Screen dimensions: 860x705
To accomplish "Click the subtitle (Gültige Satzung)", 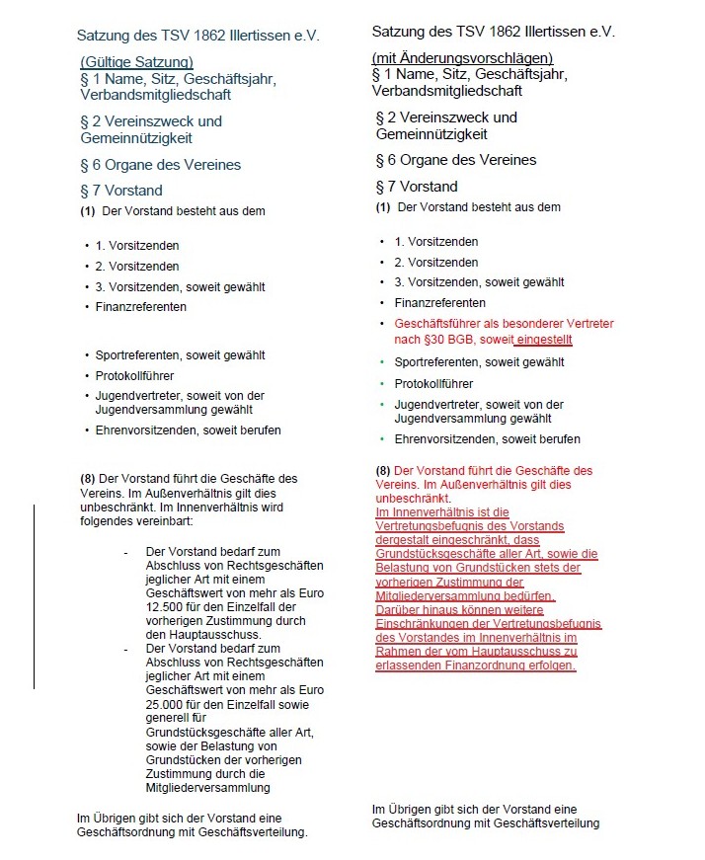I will [x=136, y=63].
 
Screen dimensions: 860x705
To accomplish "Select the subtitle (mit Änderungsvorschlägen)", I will [x=462, y=58].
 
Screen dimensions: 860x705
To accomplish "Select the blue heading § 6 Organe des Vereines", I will [x=160, y=165].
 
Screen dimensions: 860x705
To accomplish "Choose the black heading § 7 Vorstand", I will [x=417, y=186].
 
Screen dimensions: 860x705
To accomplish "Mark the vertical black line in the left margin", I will [x=35, y=596].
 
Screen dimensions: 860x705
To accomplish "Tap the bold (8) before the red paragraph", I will [x=383, y=471].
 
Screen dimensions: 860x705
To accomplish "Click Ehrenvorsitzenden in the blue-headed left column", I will [x=145, y=430].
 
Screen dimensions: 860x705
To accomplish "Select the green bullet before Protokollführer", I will [x=382, y=384].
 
